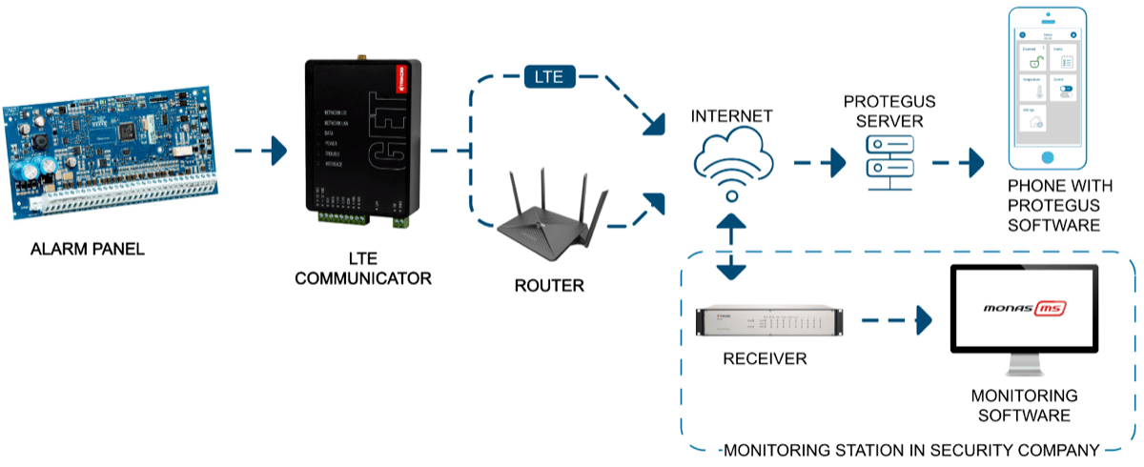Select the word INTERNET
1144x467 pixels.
[x=732, y=117]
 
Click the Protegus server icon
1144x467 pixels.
[x=888, y=159]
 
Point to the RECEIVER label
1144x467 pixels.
[x=765, y=359]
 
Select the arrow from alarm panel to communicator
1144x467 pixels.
[x=260, y=150]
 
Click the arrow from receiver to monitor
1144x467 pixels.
[x=895, y=320]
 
